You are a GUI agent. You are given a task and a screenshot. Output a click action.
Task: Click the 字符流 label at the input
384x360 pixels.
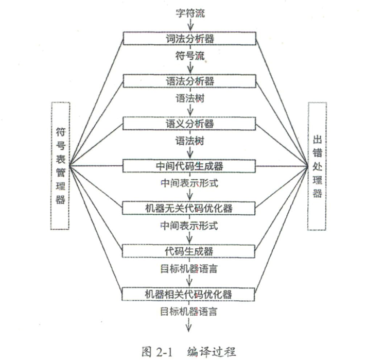point(190,13)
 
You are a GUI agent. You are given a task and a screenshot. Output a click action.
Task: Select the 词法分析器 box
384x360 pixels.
point(189,39)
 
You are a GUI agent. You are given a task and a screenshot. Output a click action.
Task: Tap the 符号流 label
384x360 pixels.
point(190,56)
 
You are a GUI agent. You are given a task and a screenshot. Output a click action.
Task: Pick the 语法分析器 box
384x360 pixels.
point(189,81)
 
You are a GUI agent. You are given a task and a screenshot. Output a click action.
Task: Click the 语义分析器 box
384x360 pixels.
point(189,123)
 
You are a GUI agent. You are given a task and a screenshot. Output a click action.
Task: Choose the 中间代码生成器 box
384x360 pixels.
point(189,166)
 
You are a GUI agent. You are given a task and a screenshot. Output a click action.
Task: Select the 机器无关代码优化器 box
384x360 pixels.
point(189,208)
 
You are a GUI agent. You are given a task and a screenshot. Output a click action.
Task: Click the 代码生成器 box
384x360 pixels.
point(188,251)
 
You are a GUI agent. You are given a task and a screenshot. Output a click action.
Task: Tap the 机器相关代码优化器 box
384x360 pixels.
point(188,294)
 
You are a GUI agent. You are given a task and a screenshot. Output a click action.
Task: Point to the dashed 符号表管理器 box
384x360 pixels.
point(60,166)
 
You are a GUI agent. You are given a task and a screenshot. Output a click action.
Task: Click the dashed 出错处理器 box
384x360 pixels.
point(317,166)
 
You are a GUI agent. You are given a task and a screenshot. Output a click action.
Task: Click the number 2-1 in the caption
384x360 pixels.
point(164,352)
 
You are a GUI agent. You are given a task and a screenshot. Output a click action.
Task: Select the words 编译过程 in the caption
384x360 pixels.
point(212,352)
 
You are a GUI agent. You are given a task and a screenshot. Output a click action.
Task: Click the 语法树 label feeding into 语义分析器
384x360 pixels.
point(190,98)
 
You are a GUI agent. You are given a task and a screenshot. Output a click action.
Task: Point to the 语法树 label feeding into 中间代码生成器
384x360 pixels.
point(190,141)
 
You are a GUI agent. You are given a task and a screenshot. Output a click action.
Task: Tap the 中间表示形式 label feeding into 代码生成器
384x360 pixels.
point(189,226)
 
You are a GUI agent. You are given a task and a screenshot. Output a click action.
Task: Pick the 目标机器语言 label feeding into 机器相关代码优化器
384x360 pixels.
point(189,269)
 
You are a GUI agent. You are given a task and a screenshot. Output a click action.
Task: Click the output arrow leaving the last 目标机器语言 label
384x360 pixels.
point(188,324)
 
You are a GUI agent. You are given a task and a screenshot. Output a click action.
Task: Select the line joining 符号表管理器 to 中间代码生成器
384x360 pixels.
point(96,166)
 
